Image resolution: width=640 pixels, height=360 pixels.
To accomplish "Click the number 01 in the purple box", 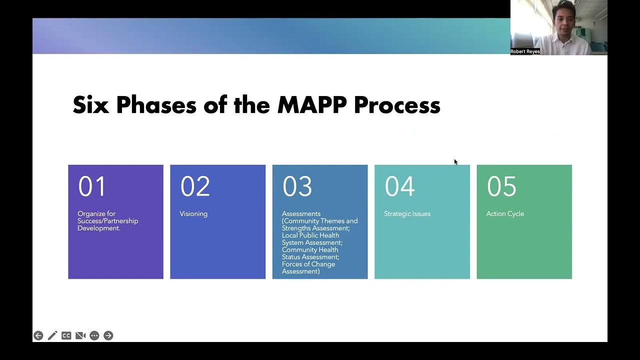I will [92, 186].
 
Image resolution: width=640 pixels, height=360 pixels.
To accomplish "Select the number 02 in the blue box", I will [194, 186].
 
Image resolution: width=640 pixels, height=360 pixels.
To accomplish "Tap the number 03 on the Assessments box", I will [297, 186].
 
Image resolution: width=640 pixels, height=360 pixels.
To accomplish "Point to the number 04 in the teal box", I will [399, 186].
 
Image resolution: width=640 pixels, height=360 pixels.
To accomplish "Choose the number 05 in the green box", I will [501, 186].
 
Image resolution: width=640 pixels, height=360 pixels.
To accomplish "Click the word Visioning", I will [193, 213].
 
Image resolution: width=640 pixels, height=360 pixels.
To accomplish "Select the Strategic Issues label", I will [407, 213].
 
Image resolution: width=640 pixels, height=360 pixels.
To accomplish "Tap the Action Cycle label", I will [505, 213].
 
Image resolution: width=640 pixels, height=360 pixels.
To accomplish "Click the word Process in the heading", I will [397, 105].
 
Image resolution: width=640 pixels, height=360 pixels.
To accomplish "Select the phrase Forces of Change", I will [308, 264].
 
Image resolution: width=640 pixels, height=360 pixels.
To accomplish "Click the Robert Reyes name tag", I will [525, 51].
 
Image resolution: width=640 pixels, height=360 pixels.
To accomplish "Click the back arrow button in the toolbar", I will [38, 335].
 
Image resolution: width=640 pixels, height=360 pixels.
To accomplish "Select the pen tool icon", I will [52, 335].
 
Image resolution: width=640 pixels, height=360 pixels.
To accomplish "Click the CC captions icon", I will [66, 335].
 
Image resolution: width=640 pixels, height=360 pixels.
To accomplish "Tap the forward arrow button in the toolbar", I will [108, 335].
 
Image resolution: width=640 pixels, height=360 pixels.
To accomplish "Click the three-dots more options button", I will [94, 335].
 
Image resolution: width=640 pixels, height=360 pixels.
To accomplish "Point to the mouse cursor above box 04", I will [455, 161].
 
